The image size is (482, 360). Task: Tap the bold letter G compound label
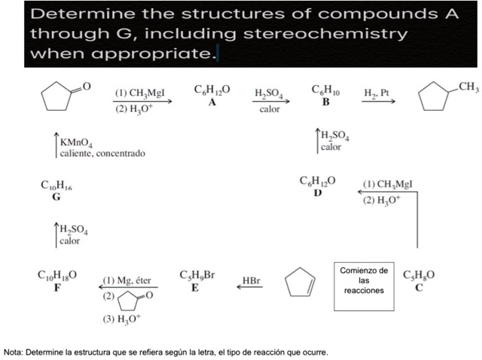tap(56, 197)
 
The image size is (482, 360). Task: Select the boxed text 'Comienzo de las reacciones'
tap(363, 280)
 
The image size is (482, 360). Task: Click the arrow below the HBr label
tap(251, 287)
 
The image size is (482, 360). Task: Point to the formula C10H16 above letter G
tap(56, 185)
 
